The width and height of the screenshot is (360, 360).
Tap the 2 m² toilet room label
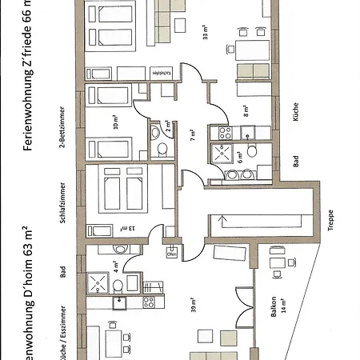tap(167, 126)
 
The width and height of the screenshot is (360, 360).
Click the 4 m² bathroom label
tap(114, 263)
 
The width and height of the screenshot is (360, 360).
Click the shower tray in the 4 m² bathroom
tap(98, 282)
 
